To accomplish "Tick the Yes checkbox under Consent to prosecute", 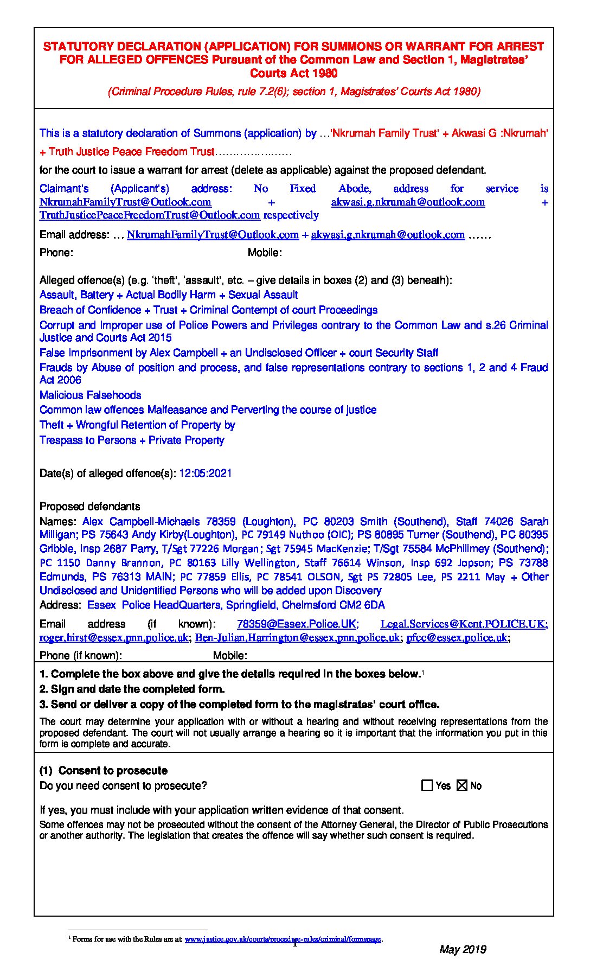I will [x=427, y=785].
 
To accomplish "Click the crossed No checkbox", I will [x=462, y=785].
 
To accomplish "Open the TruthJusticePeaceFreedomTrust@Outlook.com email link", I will [x=150, y=215].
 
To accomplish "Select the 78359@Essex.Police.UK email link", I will [x=296, y=624].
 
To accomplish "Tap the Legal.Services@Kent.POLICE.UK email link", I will [x=463, y=624].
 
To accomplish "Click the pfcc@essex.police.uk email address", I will [x=457, y=637].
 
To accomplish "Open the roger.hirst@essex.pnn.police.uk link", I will [x=114, y=637].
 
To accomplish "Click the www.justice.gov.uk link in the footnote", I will [x=283, y=939].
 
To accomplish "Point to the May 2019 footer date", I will [x=462, y=949].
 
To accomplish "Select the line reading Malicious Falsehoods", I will [x=90, y=395].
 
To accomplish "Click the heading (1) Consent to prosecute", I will [x=104, y=771].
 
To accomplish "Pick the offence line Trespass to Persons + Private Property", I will [x=132, y=440].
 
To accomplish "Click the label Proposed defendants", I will [x=89, y=506].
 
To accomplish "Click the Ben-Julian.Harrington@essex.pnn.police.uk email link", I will [x=297, y=637].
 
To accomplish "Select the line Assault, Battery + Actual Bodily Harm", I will [x=169, y=295].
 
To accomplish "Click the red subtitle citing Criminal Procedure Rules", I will [x=294, y=91].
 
